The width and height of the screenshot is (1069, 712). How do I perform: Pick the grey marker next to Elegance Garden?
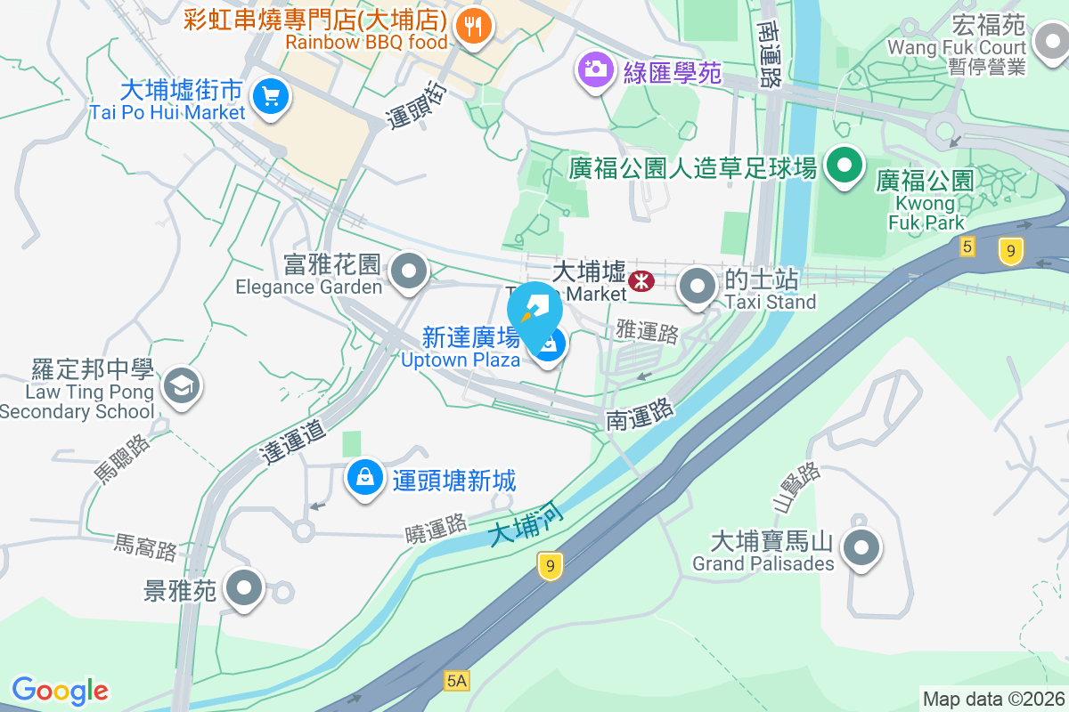[x=410, y=271]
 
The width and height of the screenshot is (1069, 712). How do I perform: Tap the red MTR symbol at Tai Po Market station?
[x=641, y=281]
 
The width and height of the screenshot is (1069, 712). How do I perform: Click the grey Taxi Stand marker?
[x=698, y=287]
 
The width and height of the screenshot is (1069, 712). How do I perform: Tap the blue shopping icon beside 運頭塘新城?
[x=365, y=479]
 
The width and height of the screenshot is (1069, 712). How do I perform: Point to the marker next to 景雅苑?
[x=244, y=588]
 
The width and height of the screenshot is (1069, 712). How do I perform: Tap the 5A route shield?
[x=456, y=681]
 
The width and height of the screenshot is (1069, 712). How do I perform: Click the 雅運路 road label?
[x=647, y=332]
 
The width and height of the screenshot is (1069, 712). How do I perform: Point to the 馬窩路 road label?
[x=146, y=547]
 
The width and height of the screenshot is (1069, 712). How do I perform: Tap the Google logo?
[x=60, y=690]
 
